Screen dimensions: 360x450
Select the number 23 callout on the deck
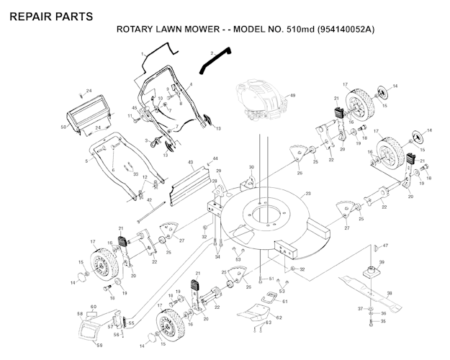pyautogui.click(x=307, y=194)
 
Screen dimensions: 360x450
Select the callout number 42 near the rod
pyautogui.click(x=149, y=200)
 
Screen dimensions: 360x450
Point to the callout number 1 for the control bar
pyautogui.click(x=143, y=54)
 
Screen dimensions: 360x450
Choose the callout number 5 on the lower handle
pyautogui.click(x=86, y=161)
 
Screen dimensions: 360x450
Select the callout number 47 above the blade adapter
pyautogui.click(x=385, y=246)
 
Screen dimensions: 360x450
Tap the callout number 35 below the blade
pyautogui.click(x=382, y=322)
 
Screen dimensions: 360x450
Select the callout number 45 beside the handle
pyautogui.click(x=135, y=108)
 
